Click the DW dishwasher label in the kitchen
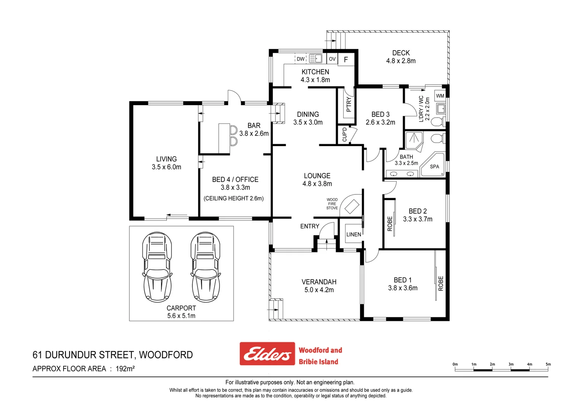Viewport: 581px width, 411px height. tap(301, 59)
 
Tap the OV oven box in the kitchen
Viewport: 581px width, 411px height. tap(332, 59)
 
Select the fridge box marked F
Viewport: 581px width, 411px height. tap(346, 59)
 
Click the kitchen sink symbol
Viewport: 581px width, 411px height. tap(316, 59)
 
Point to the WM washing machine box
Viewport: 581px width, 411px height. tap(440, 96)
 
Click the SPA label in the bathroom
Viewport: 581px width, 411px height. tap(435, 167)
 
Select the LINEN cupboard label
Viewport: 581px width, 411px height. tap(354, 234)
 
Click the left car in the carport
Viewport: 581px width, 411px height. tap(157, 267)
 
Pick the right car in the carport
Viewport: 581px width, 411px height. tap(206, 267)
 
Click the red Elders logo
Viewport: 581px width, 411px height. tap(267, 354)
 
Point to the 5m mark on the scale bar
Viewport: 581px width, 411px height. tap(548, 365)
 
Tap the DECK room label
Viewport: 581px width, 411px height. tap(401, 53)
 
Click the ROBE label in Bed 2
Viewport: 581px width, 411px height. tap(390, 224)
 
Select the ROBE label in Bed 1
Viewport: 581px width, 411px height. tap(441, 284)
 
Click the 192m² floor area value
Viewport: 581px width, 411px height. tap(125, 368)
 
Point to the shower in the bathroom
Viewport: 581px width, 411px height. tap(414, 140)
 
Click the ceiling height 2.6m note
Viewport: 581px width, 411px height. tap(234, 198)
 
